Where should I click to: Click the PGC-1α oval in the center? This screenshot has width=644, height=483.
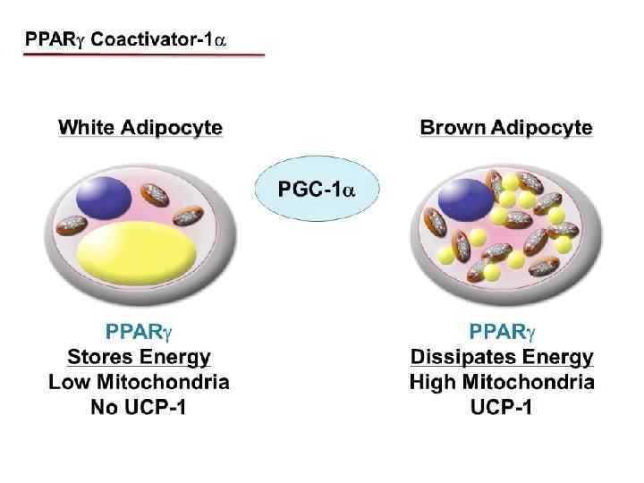click(317, 190)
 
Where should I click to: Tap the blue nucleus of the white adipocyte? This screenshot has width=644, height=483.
click(104, 199)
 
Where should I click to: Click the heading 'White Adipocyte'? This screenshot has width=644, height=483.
click(140, 128)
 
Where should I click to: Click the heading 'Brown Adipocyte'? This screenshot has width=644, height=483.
click(505, 128)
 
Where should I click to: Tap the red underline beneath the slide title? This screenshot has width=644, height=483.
click(144, 55)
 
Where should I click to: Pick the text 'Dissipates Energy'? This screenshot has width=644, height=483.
click(502, 358)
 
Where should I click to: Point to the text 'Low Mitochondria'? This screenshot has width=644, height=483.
click(139, 383)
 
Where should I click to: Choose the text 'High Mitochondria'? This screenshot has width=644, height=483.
click(502, 383)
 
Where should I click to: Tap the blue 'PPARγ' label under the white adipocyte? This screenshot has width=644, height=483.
click(139, 333)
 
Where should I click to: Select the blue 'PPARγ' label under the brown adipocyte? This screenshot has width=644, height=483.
click(502, 333)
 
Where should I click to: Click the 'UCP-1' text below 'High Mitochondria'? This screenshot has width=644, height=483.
click(502, 409)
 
